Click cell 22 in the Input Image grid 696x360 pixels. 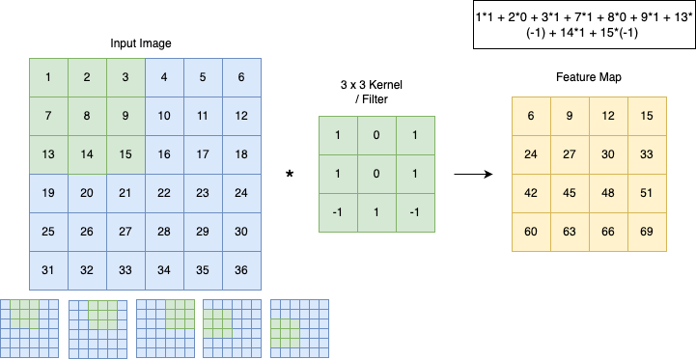164,194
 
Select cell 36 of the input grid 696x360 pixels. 241,271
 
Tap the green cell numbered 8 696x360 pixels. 87,117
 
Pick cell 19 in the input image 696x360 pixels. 48,194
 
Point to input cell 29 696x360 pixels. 203,233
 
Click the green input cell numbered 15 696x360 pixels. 125,155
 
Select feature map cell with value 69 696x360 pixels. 647,233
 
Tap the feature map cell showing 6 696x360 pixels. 531,117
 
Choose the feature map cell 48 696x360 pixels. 608,194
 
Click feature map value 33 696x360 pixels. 647,155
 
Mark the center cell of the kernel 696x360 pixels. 376,174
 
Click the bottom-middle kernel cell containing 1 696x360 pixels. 376,212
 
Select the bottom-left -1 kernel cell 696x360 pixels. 338,212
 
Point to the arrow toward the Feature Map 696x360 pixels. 473,175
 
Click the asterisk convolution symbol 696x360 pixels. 290,175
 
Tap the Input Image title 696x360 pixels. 141,43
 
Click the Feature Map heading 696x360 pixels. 589,77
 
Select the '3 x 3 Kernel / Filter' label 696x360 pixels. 376,92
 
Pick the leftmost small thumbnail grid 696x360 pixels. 29,328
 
